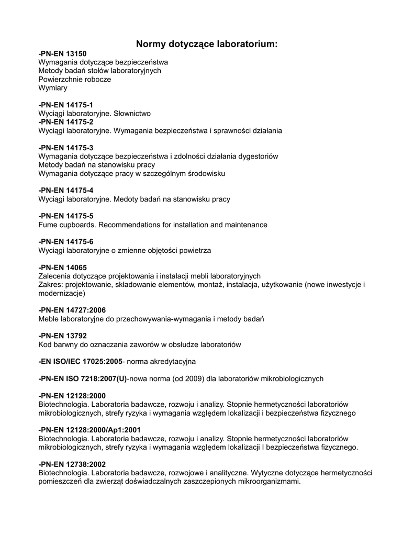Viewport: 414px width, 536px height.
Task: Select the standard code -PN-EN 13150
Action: (x=62, y=53)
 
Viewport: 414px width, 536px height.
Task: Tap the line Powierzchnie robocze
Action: (x=75, y=79)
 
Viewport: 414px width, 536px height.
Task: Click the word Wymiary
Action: (x=53, y=88)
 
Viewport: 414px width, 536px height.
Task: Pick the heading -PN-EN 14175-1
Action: (x=66, y=105)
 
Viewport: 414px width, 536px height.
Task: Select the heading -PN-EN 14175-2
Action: (x=66, y=122)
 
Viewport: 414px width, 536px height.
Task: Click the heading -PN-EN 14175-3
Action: (x=66, y=148)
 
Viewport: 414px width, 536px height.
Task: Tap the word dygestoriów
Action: (x=258, y=156)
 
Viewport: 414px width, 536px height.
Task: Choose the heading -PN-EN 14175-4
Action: (x=66, y=190)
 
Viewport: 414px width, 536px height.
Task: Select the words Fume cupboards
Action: (x=67, y=225)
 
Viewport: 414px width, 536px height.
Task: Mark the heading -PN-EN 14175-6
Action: (x=66, y=241)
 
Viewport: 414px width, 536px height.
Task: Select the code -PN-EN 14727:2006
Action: (x=72, y=310)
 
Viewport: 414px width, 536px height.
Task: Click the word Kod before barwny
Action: (x=46, y=344)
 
